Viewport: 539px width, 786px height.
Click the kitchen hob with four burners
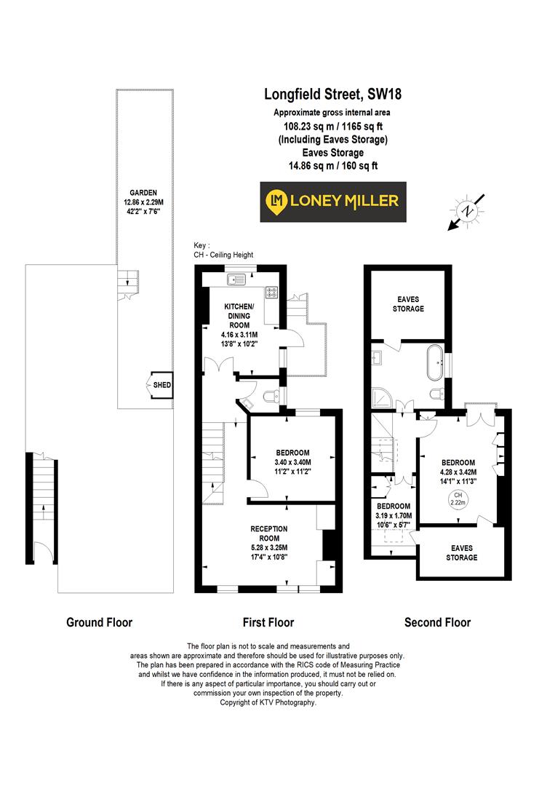273,292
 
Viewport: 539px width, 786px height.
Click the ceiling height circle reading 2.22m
458,499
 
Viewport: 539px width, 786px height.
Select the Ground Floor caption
99,622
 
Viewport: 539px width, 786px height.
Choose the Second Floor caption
437,622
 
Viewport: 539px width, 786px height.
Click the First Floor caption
268,622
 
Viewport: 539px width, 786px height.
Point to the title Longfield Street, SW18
332,94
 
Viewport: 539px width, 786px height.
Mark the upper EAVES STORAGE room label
408,303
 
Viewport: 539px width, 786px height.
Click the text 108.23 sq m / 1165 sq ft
332,126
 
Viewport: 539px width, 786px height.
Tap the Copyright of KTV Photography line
268,702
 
